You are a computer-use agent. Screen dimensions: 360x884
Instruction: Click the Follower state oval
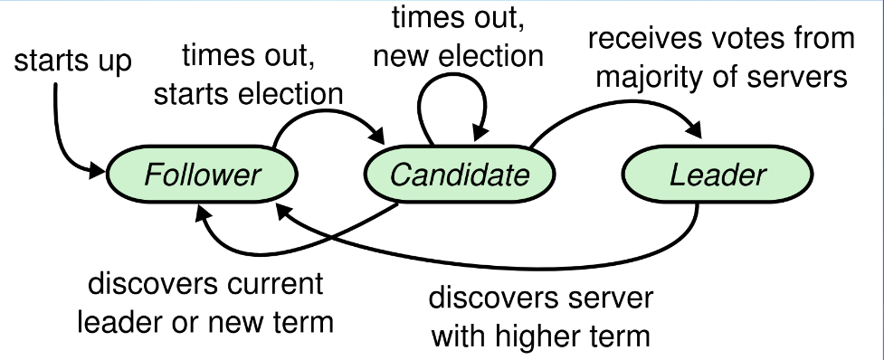click(x=202, y=175)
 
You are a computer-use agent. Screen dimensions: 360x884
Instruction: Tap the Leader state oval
click(x=718, y=175)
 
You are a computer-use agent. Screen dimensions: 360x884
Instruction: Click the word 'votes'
click(x=719, y=40)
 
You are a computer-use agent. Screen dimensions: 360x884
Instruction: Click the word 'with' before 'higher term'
click(x=460, y=337)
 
